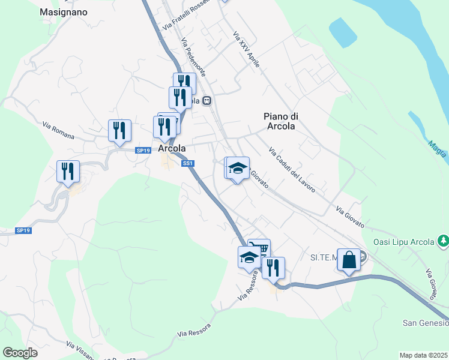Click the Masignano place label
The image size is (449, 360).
[x=63, y=12]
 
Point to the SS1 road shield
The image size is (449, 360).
[x=187, y=163]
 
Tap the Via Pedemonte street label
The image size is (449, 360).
[x=193, y=57]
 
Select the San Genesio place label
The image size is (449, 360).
[x=425, y=323]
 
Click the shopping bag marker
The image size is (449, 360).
[x=349, y=260]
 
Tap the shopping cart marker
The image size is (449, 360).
[x=259, y=248]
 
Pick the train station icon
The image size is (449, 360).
[x=206, y=101]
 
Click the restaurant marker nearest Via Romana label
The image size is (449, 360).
[x=119, y=130]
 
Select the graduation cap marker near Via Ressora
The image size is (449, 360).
[x=249, y=257]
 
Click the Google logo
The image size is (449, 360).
[x=20, y=353]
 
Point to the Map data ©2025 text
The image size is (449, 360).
[x=423, y=355]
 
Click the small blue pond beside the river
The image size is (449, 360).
[x=341, y=32]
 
